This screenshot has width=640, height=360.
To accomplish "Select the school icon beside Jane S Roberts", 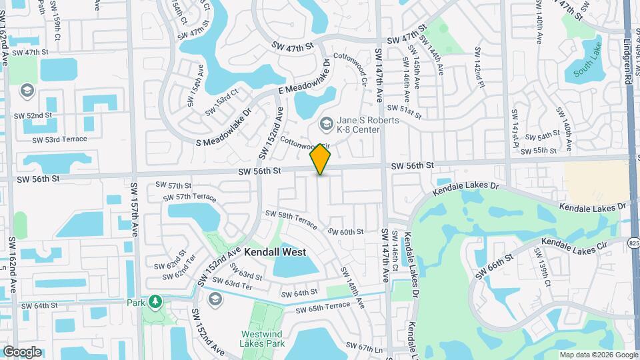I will [x=326, y=123].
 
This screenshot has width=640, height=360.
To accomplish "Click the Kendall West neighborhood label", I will [x=275, y=252].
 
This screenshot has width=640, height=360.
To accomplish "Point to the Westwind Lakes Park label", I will [x=262, y=339].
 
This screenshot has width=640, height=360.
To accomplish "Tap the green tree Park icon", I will [x=155, y=302].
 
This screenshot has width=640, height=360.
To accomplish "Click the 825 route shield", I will [x=634, y=244].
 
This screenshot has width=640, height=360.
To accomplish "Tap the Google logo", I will [x=22, y=351].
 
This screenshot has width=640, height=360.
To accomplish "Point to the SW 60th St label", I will [x=345, y=231].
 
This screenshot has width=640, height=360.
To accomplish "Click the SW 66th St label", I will [x=494, y=265].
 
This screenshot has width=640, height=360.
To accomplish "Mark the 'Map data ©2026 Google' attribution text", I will [x=598, y=355].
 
